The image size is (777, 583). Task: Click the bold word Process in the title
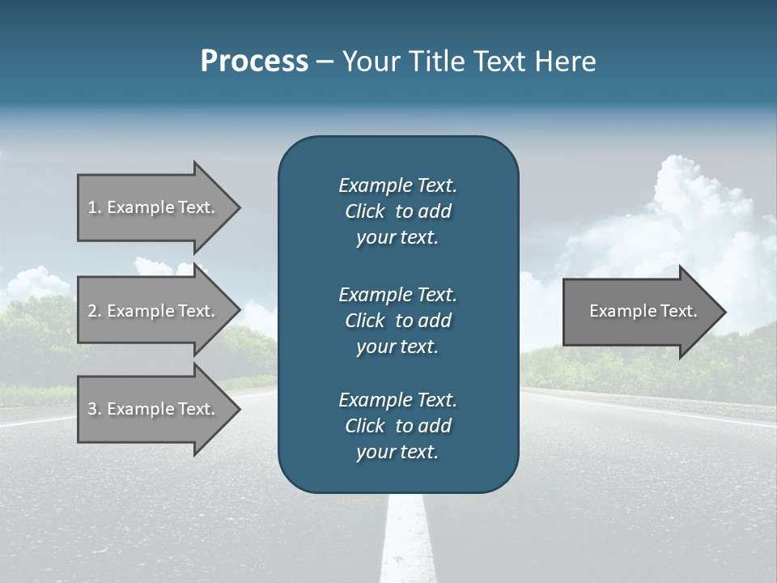pyautogui.click(x=254, y=62)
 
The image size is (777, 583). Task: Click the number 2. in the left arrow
pyautogui.click(x=95, y=311)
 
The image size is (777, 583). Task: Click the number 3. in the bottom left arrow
pyautogui.click(x=95, y=409)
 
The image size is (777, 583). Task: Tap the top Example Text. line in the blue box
pyautogui.click(x=397, y=185)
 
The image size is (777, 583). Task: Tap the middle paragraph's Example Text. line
pyautogui.click(x=397, y=294)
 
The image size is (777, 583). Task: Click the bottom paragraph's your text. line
pyautogui.click(x=397, y=453)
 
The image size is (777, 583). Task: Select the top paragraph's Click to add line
pyautogui.click(x=397, y=211)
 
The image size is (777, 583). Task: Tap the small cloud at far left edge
pyautogui.click(x=32, y=283)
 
